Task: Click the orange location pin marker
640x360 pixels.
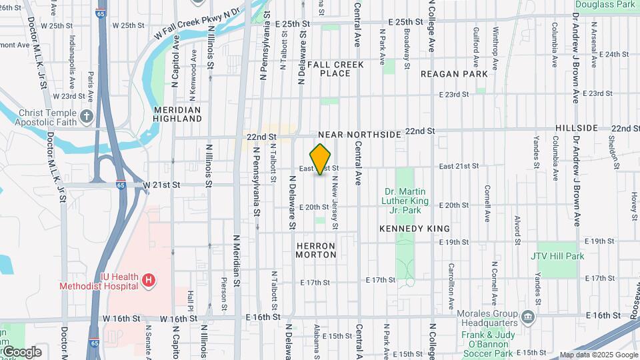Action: click(321, 159)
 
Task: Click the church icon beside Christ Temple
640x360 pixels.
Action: click(87, 117)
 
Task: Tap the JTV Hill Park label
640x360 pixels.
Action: click(557, 256)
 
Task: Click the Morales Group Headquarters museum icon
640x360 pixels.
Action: click(529, 315)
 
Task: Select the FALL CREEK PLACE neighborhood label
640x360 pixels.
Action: click(336, 69)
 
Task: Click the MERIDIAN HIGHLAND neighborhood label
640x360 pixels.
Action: click(177, 114)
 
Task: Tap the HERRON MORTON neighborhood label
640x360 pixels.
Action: click(315, 250)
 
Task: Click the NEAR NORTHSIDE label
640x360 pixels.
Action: click(360, 135)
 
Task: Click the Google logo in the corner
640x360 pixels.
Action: click(21, 352)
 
